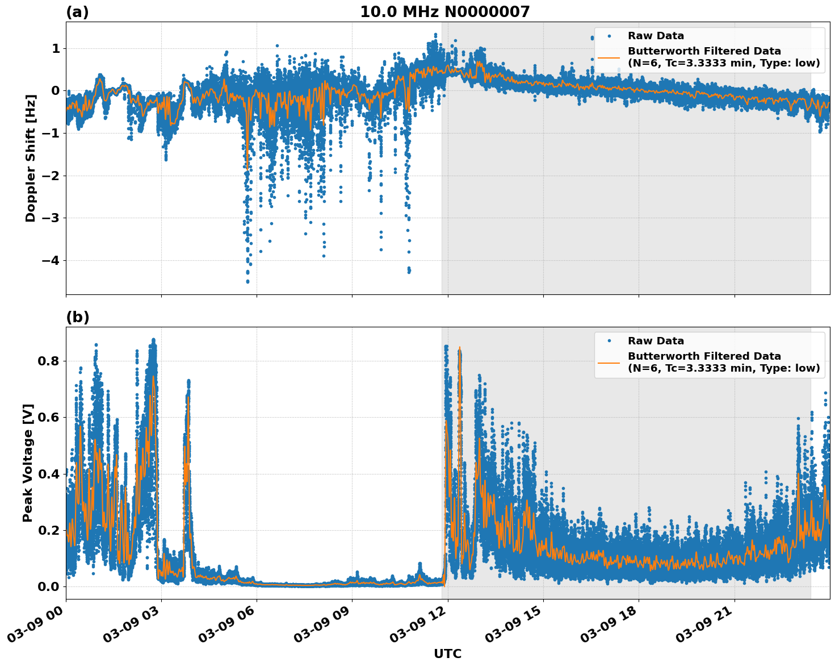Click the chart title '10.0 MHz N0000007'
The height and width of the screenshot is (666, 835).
point(444,12)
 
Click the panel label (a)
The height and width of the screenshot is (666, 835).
point(77,12)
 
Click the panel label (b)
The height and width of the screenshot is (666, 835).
point(77,317)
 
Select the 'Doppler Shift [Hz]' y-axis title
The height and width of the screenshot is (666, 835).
point(31,158)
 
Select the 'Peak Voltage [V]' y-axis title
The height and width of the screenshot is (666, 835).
point(28,463)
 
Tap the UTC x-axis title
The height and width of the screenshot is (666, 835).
point(447,653)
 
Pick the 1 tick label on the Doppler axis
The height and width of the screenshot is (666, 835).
point(56,49)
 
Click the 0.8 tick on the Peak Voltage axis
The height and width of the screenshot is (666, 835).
point(49,361)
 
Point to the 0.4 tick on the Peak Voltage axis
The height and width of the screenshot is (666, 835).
point(49,474)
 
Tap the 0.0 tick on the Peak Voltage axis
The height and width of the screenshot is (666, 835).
point(49,586)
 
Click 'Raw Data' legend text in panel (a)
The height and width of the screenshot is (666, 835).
point(656,36)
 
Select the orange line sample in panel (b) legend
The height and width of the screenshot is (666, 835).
point(609,362)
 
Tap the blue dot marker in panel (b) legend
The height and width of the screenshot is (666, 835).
point(609,341)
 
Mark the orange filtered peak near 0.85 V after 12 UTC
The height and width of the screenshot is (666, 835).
point(459,348)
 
